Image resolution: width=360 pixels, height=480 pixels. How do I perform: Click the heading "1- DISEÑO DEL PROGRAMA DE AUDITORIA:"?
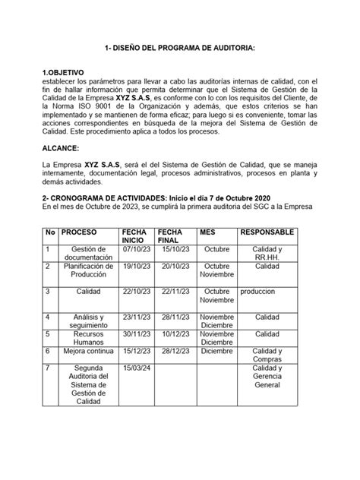click(x=179, y=48)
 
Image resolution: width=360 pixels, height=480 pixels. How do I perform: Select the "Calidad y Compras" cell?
click(x=267, y=355)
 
